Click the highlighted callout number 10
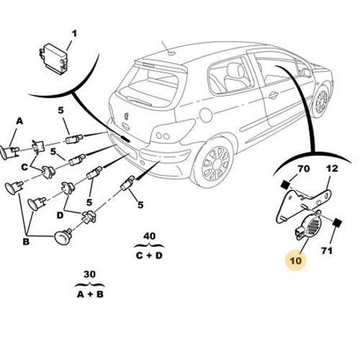[x=295, y=261]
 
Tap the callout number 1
[x=74, y=34]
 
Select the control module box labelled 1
[x=53, y=58]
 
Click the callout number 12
[x=332, y=168]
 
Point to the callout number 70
[x=304, y=168]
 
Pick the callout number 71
[x=327, y=251]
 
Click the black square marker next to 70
[x=285, y=184]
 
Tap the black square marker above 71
[x=337, y=222]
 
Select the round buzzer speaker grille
[x=313, y=225]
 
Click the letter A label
[x=19, y=121]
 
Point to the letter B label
[x=26, y=241]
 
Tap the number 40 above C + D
[x=149, y=236]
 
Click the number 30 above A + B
[x=89, y=274]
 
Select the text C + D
[x=149, y=256]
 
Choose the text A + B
[x=90, y=294]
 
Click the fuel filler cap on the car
[x=206, y=115]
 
